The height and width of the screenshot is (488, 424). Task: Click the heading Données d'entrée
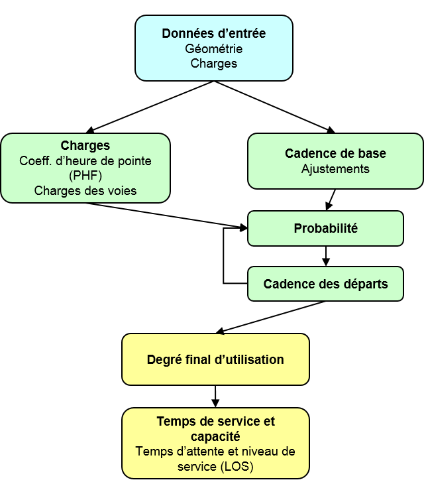coord(213,34)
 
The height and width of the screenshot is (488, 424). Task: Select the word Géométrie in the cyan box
coord(213,49)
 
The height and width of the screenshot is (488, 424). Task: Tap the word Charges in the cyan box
coord(213,64)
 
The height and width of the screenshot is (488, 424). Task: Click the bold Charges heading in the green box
coord(85,146)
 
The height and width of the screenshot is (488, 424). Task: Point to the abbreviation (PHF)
coord(85,176)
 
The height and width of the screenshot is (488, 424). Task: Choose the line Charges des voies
coord(85,191)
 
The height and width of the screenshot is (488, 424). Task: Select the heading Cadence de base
coord(335,154)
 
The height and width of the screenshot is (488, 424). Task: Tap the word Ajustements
coord(335,169)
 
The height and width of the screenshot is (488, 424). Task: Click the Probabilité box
coord(325,229)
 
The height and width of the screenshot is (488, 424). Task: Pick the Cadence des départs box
coord(325,284)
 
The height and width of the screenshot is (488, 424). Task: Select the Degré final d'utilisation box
coord(215,360)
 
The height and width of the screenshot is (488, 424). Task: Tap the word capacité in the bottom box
coord(215,437)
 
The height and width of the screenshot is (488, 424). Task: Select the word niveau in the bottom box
coord(259,452)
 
